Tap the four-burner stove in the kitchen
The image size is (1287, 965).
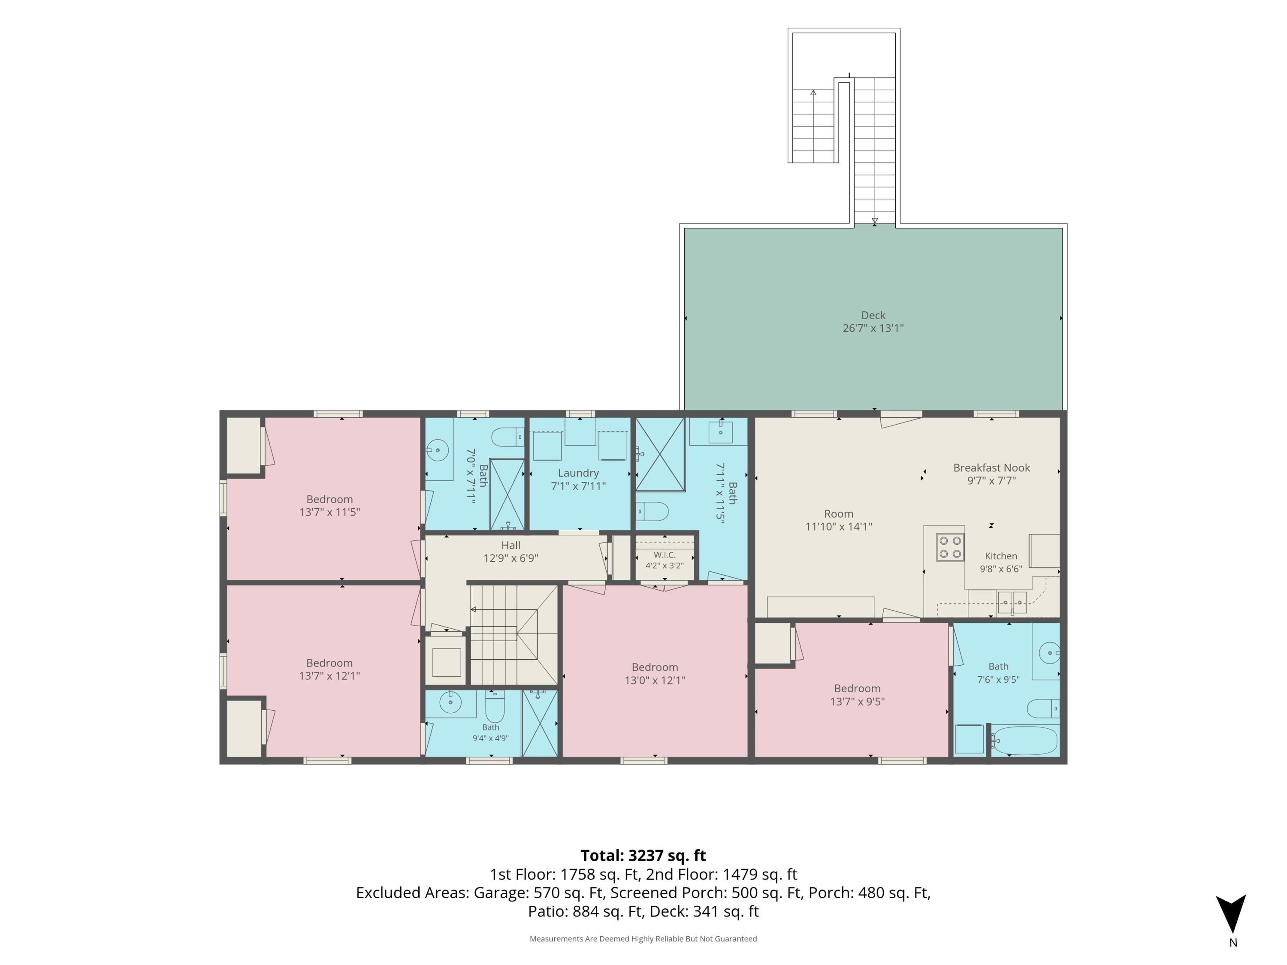coord(949,547)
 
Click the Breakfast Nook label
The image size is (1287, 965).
coord(991,467)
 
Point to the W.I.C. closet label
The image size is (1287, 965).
coord(665,555)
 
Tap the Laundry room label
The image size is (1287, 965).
coord(578,473)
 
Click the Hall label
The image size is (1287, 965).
coord(511,545)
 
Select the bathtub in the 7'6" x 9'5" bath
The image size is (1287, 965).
coord(1024,740)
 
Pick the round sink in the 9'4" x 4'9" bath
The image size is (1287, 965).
coord(450,703)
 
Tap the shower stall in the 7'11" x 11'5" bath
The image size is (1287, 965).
coord(660,454)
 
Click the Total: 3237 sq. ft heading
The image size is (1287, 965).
coord(643,856)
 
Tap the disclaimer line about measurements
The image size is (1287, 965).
coord(643,938)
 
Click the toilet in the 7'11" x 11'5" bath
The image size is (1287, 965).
coord(652,511)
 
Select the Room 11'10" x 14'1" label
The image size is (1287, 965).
coord(838,520)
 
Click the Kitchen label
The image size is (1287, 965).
coord(1001,556)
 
